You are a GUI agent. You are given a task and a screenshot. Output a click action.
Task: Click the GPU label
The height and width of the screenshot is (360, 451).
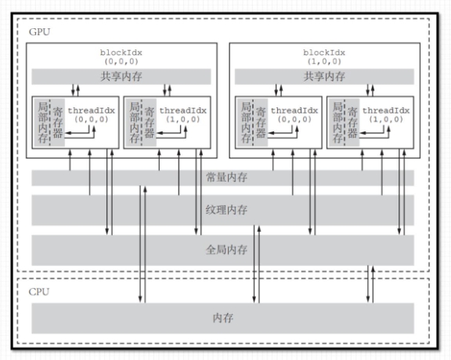(39, 31)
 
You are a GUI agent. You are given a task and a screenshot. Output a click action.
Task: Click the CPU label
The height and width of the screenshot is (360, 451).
(39, 292)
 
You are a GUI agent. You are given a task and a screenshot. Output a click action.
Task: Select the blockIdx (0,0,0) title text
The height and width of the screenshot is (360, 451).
(121, 57)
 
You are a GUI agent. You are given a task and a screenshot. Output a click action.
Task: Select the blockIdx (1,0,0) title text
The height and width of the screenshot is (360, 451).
(324, 57)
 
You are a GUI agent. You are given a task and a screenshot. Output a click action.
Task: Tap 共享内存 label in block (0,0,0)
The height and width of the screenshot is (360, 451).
(121, 77)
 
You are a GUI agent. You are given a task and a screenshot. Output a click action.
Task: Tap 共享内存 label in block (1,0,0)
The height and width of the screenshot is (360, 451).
(324, 77)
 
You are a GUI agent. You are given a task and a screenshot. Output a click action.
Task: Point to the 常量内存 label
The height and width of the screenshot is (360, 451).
(226, 178)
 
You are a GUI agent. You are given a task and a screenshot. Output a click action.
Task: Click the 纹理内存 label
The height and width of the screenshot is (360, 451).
(226, 210)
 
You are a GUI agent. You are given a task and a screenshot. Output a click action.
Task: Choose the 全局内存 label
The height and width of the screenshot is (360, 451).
(226, 250)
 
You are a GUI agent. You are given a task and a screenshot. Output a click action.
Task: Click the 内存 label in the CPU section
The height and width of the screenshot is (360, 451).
(223, 318)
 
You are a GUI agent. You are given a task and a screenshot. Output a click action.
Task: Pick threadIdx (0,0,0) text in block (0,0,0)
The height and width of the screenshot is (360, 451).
(91, 115)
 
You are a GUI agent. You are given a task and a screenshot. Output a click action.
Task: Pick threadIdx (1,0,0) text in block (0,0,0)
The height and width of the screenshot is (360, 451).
(183, 115)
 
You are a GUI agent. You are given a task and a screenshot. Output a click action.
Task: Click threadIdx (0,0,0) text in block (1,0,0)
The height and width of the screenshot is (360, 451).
(294, 115)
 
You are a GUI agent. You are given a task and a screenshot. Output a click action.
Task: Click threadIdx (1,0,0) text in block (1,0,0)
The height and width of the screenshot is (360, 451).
(386, 115)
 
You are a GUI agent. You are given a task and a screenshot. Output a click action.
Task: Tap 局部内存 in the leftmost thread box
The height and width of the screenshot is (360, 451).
(43, 123)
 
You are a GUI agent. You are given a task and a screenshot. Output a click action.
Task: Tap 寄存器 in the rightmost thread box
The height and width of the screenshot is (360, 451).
(353, 123)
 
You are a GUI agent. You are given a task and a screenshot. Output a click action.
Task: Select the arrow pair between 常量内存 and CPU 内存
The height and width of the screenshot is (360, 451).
(143, 244)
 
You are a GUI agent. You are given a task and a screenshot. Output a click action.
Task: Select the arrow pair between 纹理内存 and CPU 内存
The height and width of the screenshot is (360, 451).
(257, 264)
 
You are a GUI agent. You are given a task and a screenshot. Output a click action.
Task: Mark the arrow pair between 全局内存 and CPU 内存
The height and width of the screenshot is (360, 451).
(370, 284)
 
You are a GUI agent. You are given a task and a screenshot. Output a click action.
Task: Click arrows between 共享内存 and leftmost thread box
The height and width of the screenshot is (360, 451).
(75, 90)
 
